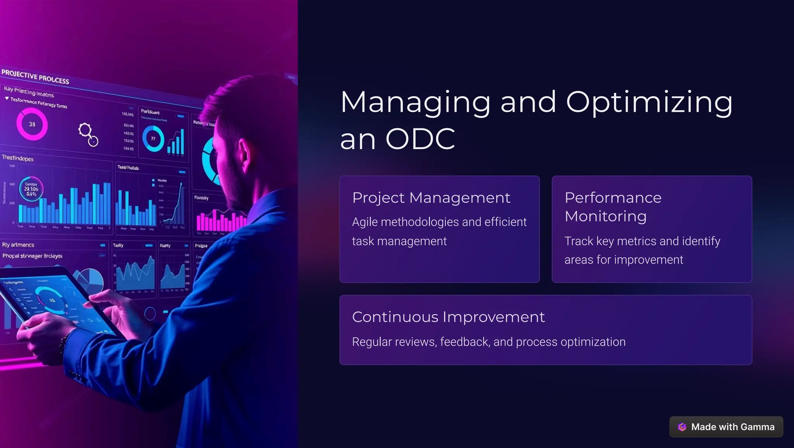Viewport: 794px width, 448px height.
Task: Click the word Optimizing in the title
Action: tap(649, 102)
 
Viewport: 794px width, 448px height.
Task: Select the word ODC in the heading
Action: tap(420, 139)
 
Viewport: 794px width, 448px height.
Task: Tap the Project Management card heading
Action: tap(431, 198)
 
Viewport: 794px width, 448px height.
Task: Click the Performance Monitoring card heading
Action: tap(613, 207)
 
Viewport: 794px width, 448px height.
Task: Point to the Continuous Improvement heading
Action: tap(448, 317)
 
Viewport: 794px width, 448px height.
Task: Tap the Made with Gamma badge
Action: tap(726, 427)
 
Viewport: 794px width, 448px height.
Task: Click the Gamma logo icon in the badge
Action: tap(682, 427)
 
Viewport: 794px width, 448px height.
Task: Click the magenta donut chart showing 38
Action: tap(32, 124)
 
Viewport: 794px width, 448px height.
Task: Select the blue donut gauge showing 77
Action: tap(153, 139)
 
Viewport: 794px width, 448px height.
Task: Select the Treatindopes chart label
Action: tap(17, 158)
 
